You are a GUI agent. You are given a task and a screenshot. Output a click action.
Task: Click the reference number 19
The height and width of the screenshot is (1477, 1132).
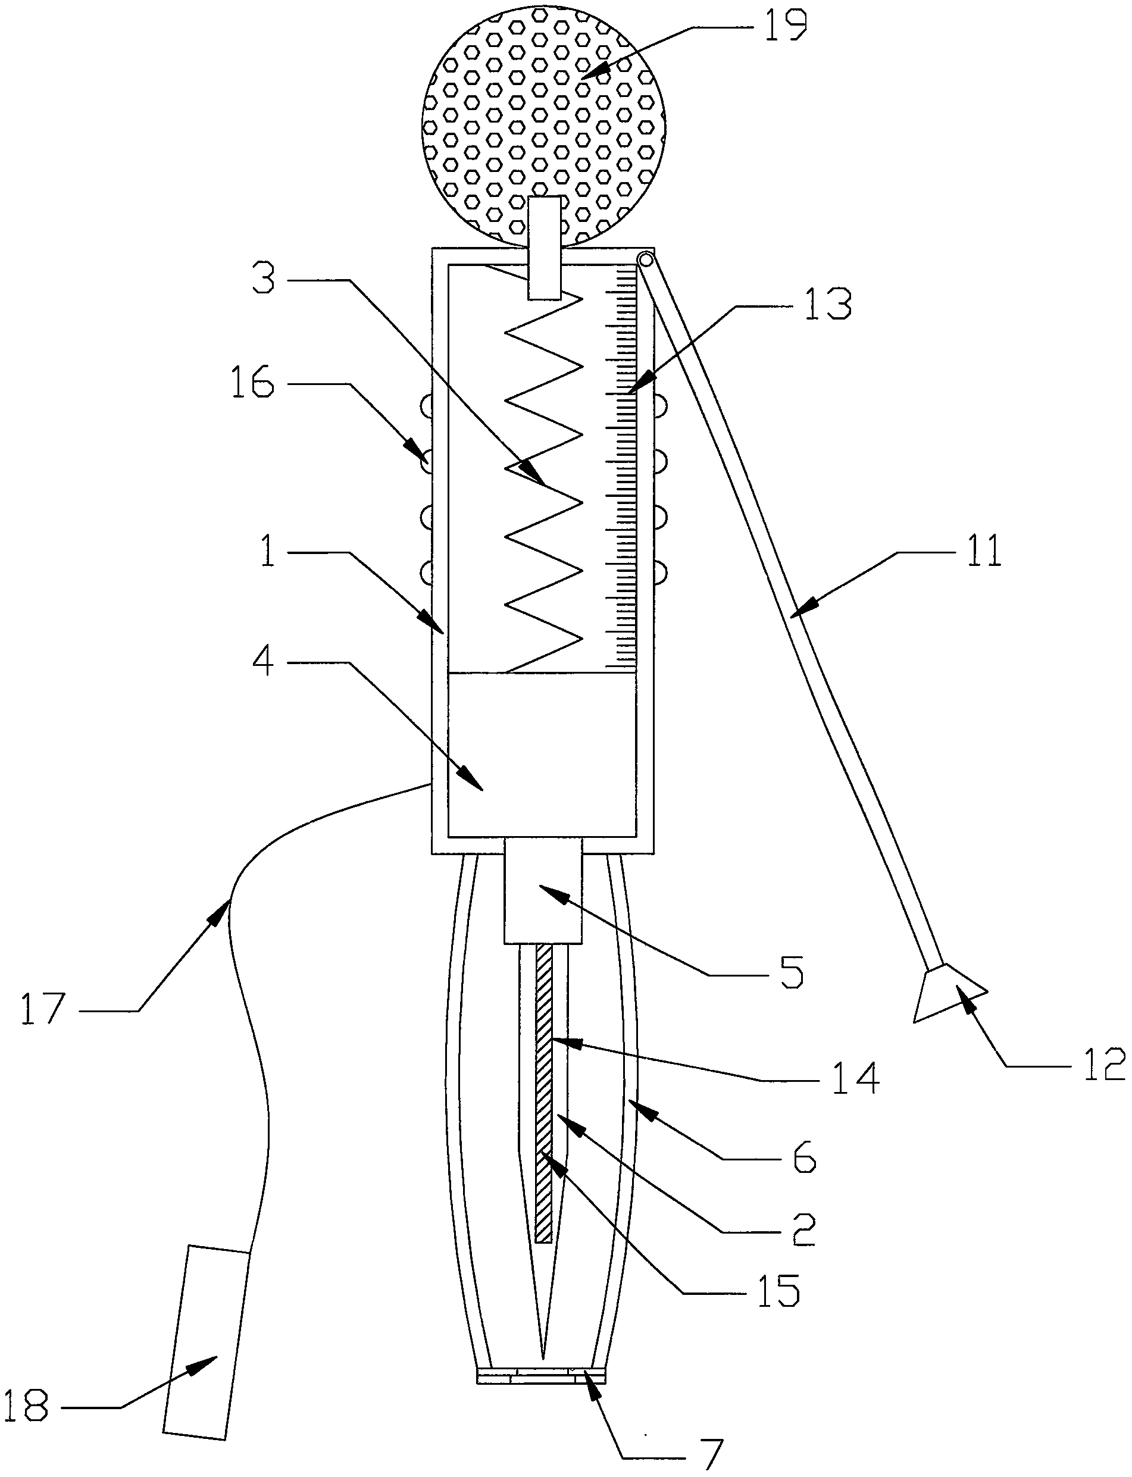coord(785,26)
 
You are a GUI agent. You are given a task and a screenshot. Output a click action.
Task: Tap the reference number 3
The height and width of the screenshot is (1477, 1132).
coord(264,279)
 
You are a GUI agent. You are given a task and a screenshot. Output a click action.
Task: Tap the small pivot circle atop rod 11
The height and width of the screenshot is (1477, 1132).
coord(646,259)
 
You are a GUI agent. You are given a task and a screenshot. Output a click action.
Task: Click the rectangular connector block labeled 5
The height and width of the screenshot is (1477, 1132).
coord(542,890)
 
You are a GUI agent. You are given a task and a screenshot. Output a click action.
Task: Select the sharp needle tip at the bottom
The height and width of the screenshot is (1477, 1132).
coord(543,1354)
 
